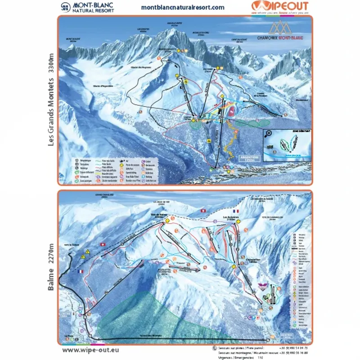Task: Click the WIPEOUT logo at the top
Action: coord(279,6)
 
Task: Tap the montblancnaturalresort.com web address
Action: coord(183,7)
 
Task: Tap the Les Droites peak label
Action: coord(143,30)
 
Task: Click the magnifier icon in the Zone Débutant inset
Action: coord(269,134)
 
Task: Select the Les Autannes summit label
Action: coord(231,217)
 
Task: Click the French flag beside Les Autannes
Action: coord(234,211)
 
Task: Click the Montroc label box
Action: coord(287,336)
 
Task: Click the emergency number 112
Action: coord(260,358)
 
